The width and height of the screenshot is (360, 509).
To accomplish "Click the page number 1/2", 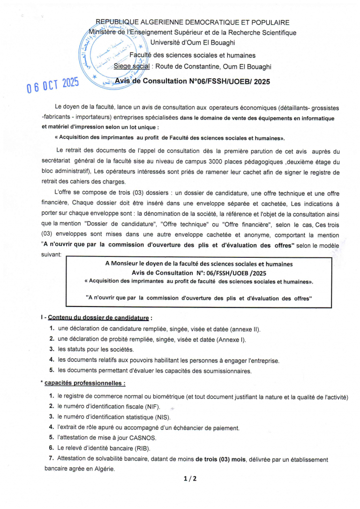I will click(x=190, y=479).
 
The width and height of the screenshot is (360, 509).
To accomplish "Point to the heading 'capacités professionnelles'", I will click(x=85, y=383).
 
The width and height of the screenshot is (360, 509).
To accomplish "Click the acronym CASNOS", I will click(x=141, y=438).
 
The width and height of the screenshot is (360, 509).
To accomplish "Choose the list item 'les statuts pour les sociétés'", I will click(x=96, y=349).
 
